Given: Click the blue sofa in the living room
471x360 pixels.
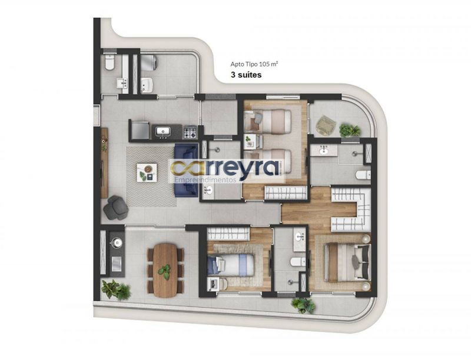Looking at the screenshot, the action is pos(186,170).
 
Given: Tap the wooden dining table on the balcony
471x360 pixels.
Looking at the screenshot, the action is pos(165,271).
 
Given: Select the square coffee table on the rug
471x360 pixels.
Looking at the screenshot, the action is pos(147,172).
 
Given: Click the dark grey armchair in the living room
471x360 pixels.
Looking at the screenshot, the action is pos(116,207).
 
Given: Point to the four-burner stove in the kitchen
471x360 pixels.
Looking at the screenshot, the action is pos(190,132).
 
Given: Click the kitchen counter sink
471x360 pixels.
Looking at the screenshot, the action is pos(163,131).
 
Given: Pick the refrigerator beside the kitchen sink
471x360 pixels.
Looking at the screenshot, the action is pos(140,130).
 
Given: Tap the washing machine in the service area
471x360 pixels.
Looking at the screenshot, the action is pos(149,62).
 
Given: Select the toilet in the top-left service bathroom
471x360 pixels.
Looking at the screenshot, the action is pos(110,62).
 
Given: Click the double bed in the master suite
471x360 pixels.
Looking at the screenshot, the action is pos(349,263).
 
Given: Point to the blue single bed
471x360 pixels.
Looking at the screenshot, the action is pos(231,265).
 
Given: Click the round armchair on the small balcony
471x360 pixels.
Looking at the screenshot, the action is pos(326,125).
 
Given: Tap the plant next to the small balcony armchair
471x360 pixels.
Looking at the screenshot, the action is pos(350,131).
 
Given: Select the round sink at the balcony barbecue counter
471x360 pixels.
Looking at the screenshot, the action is pos(116,242).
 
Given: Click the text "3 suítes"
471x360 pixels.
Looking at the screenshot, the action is pos(246,75).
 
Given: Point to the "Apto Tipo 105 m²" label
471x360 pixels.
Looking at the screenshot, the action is pos(254,64).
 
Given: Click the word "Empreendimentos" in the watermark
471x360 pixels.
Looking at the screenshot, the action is pos(205,179).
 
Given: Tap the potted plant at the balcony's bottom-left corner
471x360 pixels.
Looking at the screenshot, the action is pos(116,289).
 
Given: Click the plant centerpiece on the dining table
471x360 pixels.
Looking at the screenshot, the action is pos(165,272).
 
